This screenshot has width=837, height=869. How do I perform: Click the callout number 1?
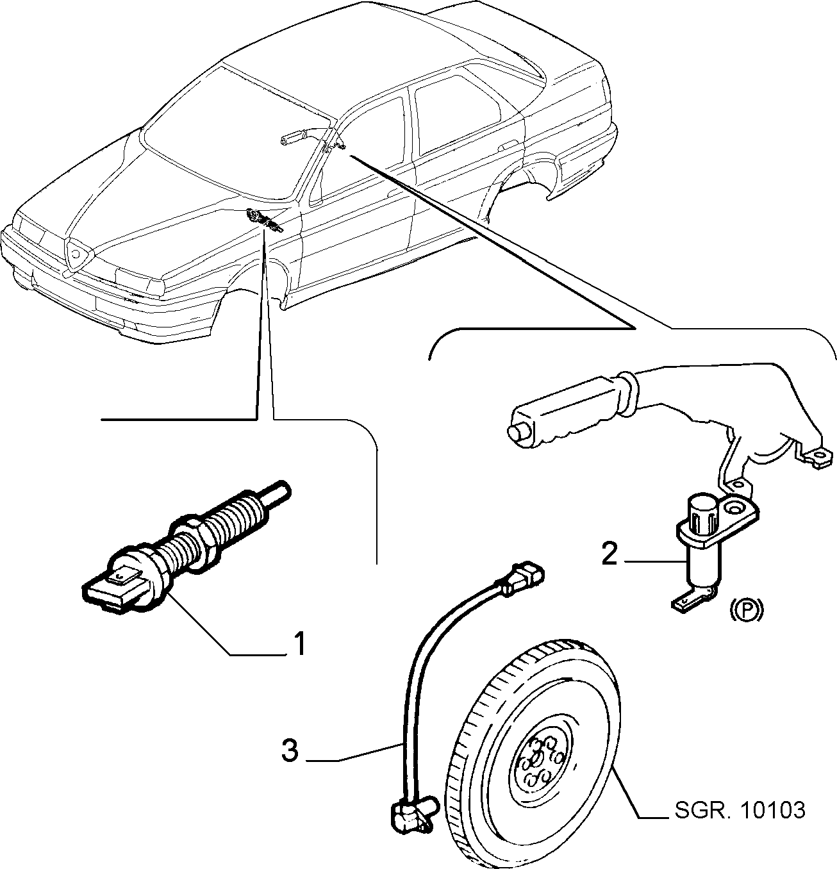(299, 643)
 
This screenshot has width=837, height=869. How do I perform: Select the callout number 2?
(609, 554)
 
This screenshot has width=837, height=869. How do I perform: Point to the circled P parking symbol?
(747, 609)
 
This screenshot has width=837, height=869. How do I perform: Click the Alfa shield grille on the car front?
(77, 254)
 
